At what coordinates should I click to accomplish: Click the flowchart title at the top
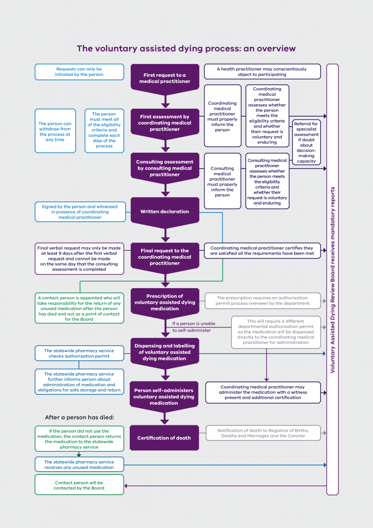186,48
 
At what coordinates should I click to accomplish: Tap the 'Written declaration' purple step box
165,211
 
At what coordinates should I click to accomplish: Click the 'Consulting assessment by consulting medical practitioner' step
165,168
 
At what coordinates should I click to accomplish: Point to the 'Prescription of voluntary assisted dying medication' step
165,303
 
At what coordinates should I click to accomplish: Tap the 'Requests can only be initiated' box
79,72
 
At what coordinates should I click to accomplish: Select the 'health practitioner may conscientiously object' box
262,72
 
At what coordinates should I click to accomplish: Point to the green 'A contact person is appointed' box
79,308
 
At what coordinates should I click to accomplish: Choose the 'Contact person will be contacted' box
79,485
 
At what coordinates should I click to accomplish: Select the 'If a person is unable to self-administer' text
194,327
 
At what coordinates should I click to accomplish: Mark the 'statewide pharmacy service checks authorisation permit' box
79,353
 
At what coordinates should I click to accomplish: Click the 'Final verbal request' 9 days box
79,258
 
